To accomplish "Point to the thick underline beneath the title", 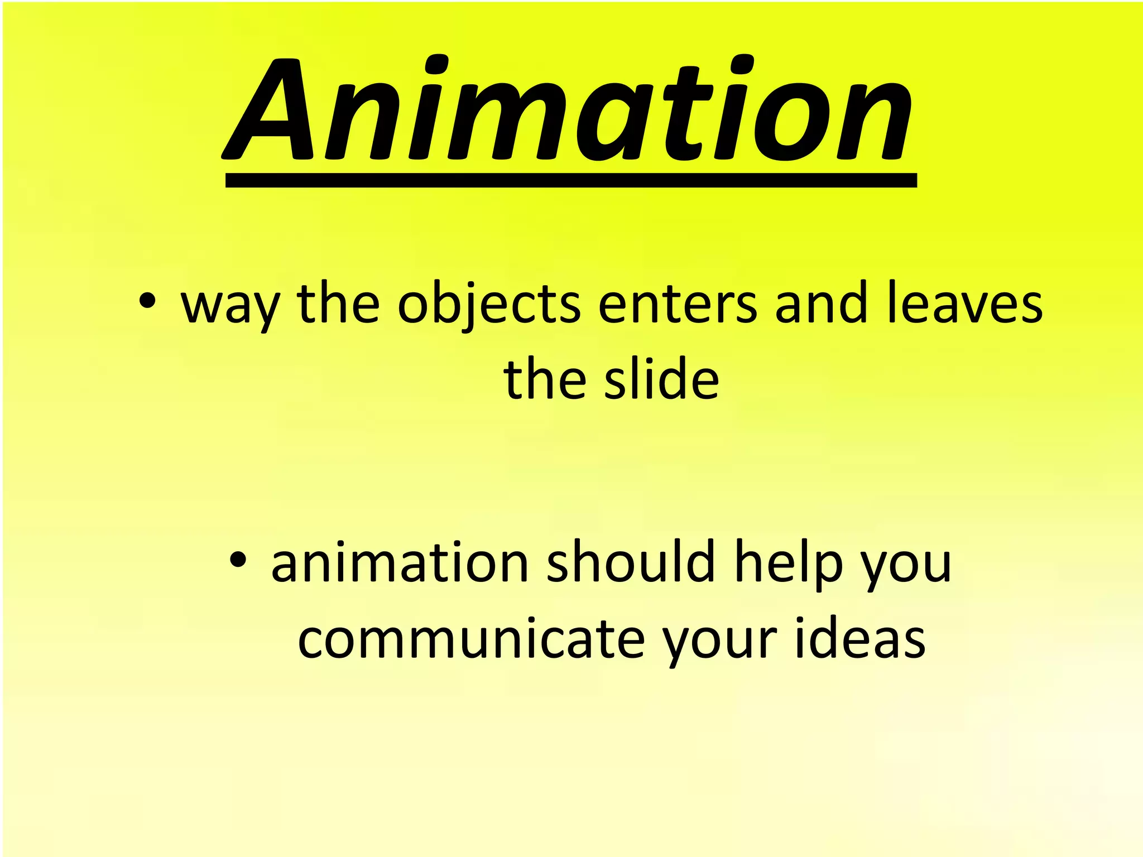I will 570,180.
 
